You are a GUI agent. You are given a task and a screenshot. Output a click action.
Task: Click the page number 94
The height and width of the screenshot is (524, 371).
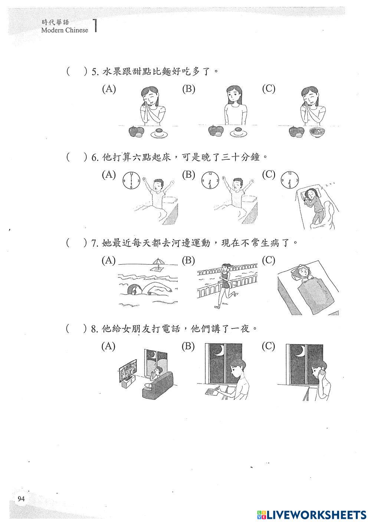(21, 499)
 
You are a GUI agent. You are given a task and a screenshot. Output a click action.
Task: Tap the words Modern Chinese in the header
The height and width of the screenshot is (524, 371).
(65, 30)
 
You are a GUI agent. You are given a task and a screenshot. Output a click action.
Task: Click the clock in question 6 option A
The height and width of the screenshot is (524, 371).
(131, 180)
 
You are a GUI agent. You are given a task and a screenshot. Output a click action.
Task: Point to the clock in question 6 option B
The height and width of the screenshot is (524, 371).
(210, 180)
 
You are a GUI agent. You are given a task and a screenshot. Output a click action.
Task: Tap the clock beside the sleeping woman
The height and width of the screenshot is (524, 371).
(290, 180)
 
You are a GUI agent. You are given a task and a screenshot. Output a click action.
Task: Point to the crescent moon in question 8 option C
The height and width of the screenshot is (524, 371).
(301, 350)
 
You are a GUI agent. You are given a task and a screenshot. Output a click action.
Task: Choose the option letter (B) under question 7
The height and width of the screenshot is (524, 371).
(188, 261)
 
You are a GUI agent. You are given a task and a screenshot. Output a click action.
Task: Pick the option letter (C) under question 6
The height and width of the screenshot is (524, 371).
(269, 175)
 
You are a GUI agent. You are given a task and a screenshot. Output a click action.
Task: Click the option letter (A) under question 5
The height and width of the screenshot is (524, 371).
(109, 89)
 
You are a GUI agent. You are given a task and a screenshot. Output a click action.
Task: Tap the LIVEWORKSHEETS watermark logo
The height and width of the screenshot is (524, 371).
(311, 514)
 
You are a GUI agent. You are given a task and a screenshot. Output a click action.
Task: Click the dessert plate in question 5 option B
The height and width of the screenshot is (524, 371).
(239, 133)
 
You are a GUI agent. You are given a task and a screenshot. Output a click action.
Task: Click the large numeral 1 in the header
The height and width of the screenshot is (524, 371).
(96, 26)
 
